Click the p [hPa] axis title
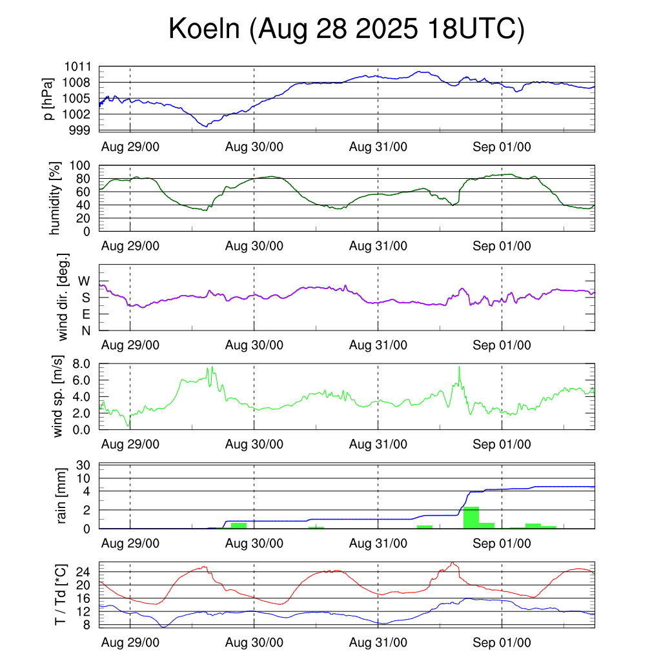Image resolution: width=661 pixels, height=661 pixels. (47, 99)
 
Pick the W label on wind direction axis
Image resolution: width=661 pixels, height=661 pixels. (84, 281)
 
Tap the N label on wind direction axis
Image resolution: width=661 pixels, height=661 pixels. (85, 330)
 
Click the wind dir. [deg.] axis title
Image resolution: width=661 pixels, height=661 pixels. (63, 297)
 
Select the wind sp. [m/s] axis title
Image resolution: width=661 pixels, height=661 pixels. (59, 396)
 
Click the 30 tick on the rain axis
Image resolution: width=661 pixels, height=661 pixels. (84, 465)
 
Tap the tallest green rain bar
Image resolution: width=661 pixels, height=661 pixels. (471, 518)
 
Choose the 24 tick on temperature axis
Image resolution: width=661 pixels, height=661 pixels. (83, 571)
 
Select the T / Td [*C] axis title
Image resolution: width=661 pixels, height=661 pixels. (60, 595)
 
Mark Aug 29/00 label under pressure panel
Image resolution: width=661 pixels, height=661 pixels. (130, 147)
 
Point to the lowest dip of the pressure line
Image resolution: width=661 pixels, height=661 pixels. (206, 127)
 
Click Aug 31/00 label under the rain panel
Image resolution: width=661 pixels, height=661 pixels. (378, 544)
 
